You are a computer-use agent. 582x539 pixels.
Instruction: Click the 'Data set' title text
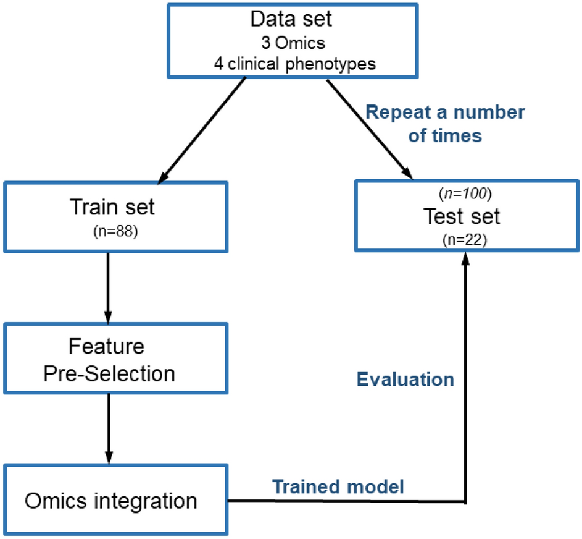(x=291, y=19)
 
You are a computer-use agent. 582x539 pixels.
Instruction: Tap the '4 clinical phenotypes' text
(x=291, y=63)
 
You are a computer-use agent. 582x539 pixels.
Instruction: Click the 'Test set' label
(x=464, y=216)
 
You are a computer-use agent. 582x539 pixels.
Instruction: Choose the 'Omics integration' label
(x=111, y=500)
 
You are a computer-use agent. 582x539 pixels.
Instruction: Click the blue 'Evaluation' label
(x=407, y=380)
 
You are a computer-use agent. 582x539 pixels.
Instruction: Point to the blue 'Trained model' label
(x=338, y=486)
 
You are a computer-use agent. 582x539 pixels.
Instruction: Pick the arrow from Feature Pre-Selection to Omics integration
(x=108, y=427)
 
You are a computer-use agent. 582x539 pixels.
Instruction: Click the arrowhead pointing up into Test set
(x=465, y=259)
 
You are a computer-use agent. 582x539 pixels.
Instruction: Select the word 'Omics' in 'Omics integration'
(x=56, y=500)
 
